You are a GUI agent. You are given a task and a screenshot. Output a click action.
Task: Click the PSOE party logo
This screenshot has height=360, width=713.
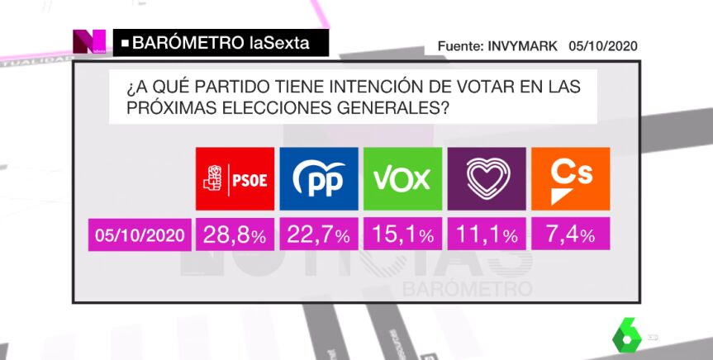coord(235,179)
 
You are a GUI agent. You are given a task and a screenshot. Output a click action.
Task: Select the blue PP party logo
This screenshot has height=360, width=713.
coord(319,179)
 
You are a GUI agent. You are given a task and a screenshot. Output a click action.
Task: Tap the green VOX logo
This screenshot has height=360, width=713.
coord(403,179)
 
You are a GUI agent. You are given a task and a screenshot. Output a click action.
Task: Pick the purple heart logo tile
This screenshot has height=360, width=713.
coord(487,179)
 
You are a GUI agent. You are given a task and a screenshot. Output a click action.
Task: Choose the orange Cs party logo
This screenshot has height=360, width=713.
coord(571,179)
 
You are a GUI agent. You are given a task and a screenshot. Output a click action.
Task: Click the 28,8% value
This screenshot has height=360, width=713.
coord(235,235)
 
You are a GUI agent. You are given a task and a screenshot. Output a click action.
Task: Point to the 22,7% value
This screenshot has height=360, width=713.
coord(319,235)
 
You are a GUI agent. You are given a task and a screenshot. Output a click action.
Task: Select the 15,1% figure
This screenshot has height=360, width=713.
coord(403,235)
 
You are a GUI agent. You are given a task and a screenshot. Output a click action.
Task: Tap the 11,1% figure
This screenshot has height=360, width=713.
coord(487,235)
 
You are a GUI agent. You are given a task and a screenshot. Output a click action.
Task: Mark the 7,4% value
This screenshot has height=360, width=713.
coord(571,235)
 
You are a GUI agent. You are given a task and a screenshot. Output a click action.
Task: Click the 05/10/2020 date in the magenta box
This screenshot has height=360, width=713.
coord(139,236)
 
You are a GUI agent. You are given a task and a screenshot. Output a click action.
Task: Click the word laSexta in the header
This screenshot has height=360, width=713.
coord(279,43)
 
